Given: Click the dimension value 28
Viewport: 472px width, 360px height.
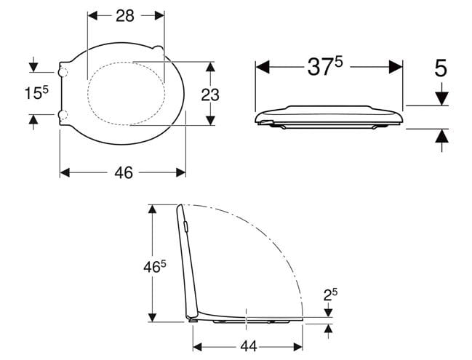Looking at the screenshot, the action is [x=125, y=16].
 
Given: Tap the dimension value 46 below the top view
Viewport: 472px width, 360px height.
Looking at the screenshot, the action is [x=124, y=173].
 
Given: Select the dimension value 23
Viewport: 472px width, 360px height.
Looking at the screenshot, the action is [x=210, y=95].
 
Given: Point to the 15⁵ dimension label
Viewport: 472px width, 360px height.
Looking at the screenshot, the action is [x=36, y=92].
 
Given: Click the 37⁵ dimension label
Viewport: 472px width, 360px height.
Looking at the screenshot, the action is [x=325, y=66].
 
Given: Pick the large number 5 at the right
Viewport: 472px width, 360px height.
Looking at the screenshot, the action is [x=441, y=68].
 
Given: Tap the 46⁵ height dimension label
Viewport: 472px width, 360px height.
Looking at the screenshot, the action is [x=155, y=266].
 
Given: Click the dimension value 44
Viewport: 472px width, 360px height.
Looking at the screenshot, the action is [x=249, y=346].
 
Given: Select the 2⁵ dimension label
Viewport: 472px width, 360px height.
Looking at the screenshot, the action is [x=330, y=295].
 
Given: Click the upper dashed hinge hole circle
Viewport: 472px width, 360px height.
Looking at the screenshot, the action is [x=63, y=72].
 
